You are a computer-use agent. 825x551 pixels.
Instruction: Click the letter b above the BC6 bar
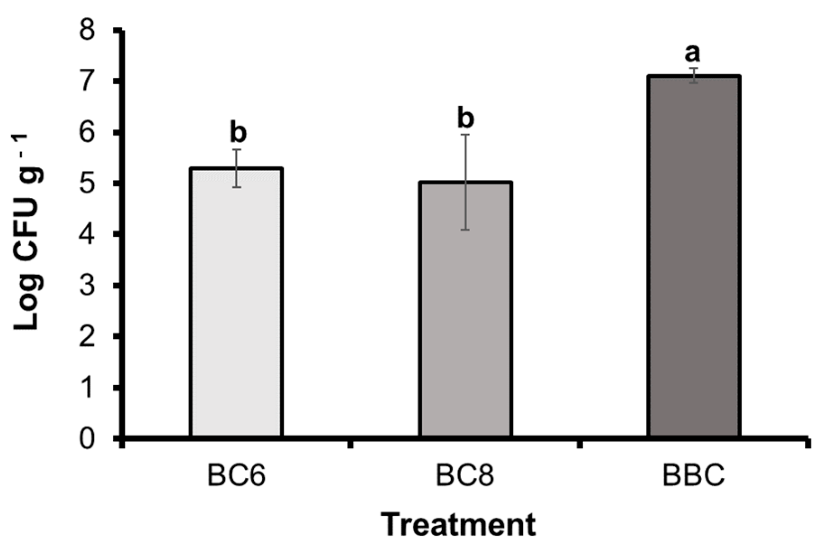point(238,132)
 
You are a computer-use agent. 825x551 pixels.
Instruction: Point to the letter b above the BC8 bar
point(466,118)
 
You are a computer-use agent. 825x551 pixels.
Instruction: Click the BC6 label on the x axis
point(236,476)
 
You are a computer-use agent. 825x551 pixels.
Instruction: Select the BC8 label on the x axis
point(465,476)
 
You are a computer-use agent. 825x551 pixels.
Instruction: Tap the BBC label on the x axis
point(693,476)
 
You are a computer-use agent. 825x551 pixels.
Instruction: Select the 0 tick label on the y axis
point(87,439)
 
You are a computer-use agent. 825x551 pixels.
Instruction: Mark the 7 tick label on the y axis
point(87,82)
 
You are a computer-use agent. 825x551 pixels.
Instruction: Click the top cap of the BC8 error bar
point(465,135)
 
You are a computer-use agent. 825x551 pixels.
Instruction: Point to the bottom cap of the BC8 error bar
point(465,230)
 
